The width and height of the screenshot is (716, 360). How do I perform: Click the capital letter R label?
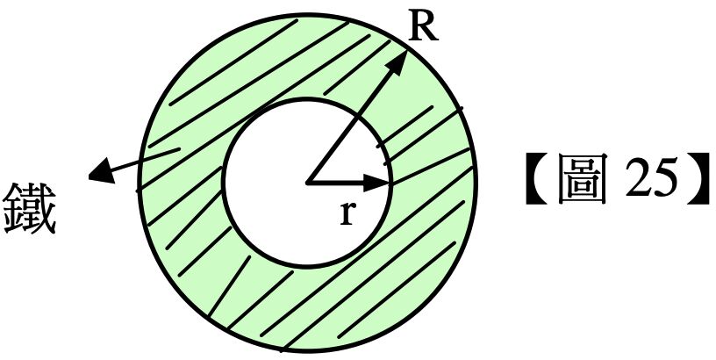(424, 29)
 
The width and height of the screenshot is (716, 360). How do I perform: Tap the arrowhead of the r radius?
(381, 183)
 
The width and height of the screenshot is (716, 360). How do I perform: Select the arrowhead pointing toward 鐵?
(99, 172)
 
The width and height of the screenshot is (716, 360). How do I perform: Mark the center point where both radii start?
(308, 183)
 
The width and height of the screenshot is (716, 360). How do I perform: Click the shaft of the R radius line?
(351, 123)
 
